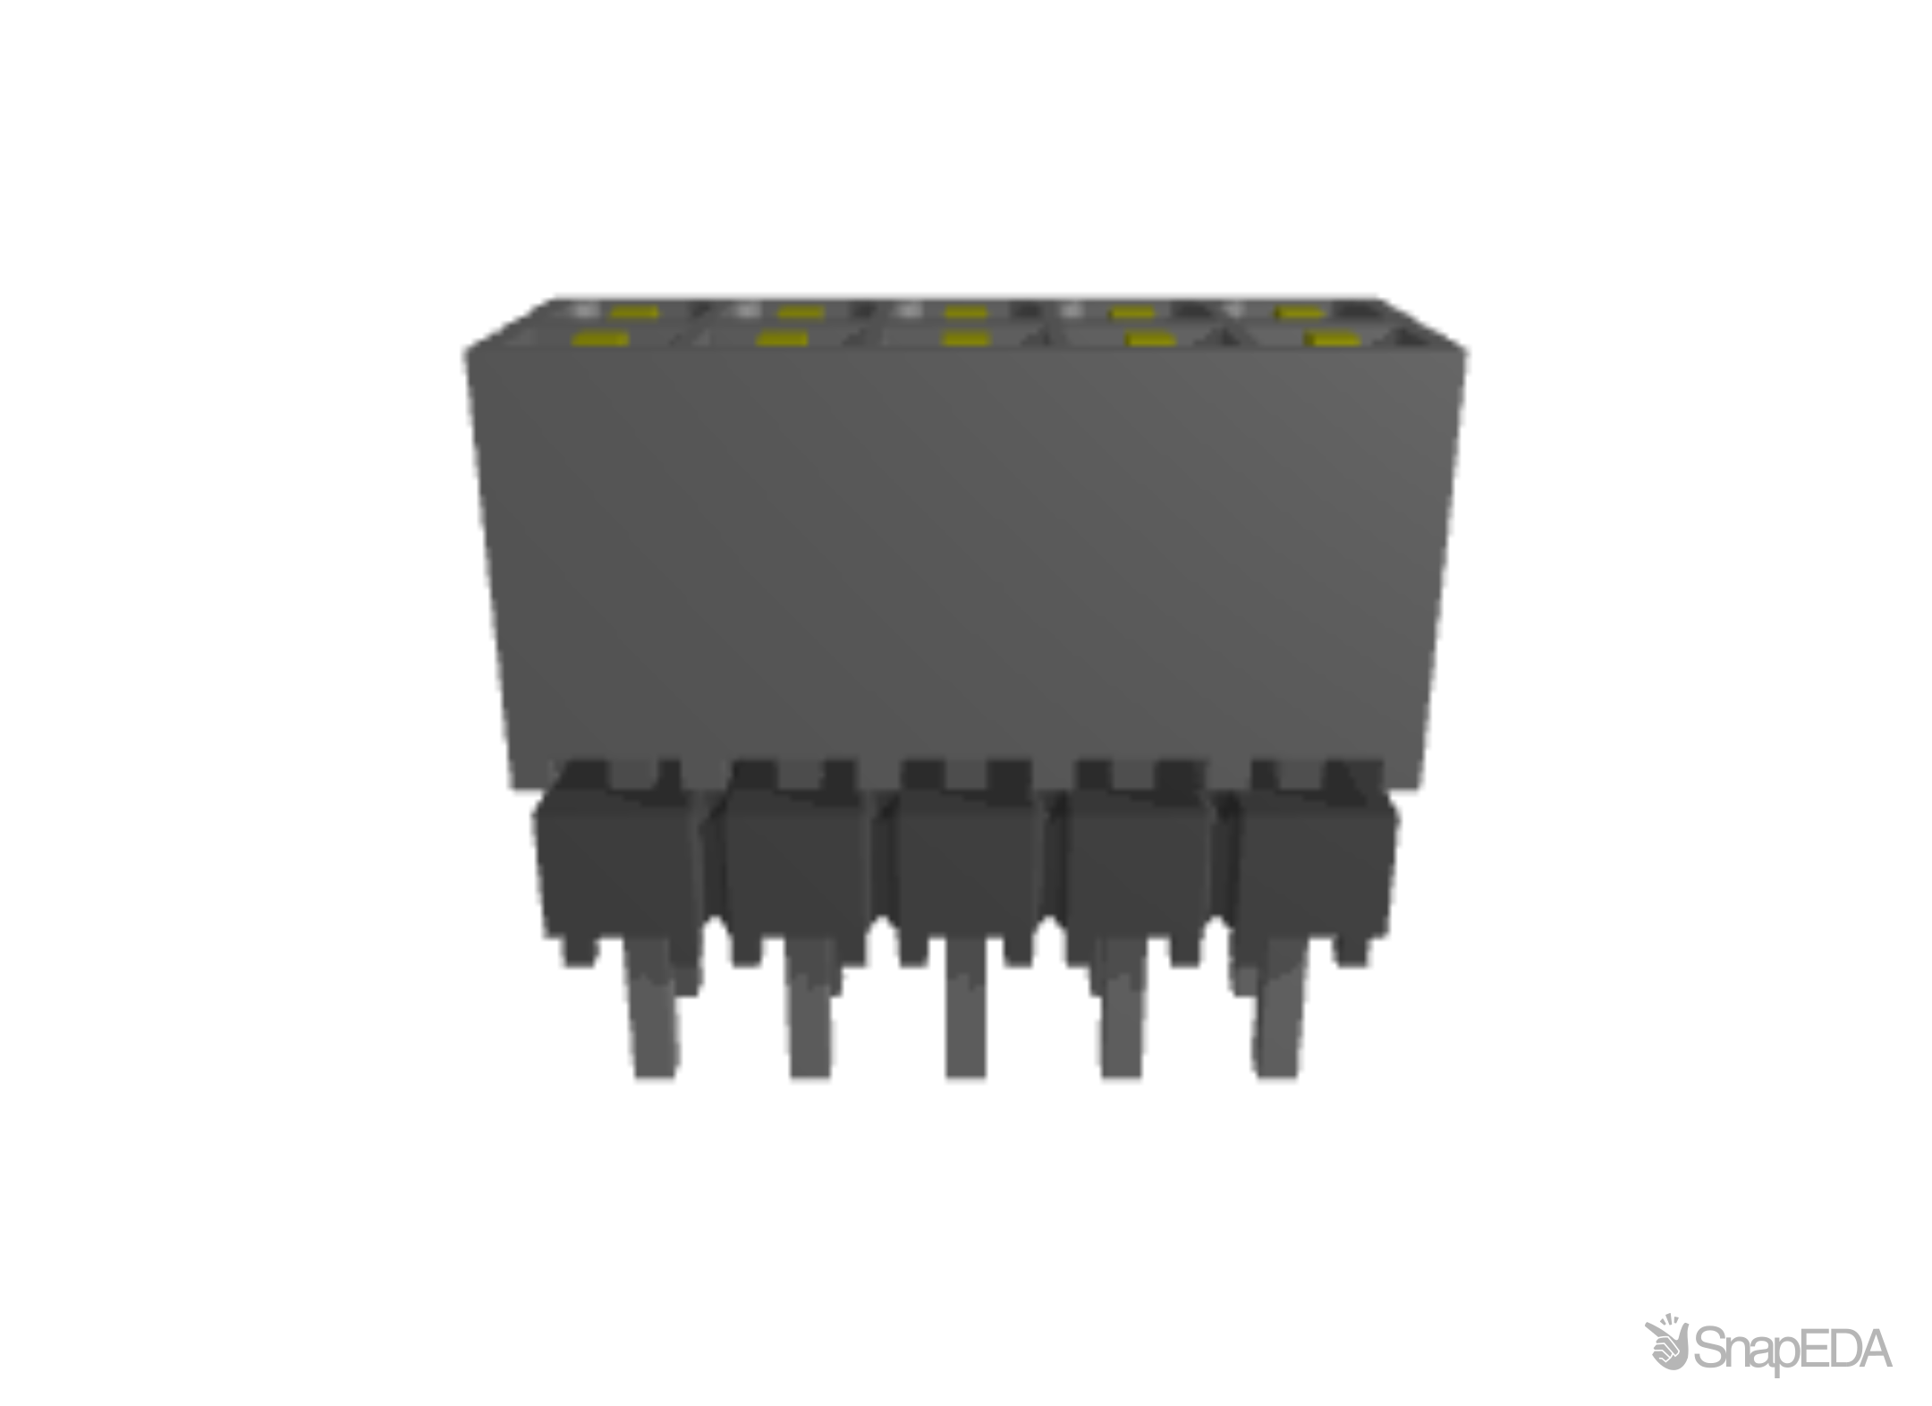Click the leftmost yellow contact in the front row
(598, 340)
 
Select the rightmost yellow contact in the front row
(1330, 340)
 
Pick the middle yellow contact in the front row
(966, 340)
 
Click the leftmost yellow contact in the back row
(635, 313)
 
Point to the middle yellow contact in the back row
(967, 313)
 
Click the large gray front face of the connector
(966, 555)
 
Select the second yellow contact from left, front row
(782, 340)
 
